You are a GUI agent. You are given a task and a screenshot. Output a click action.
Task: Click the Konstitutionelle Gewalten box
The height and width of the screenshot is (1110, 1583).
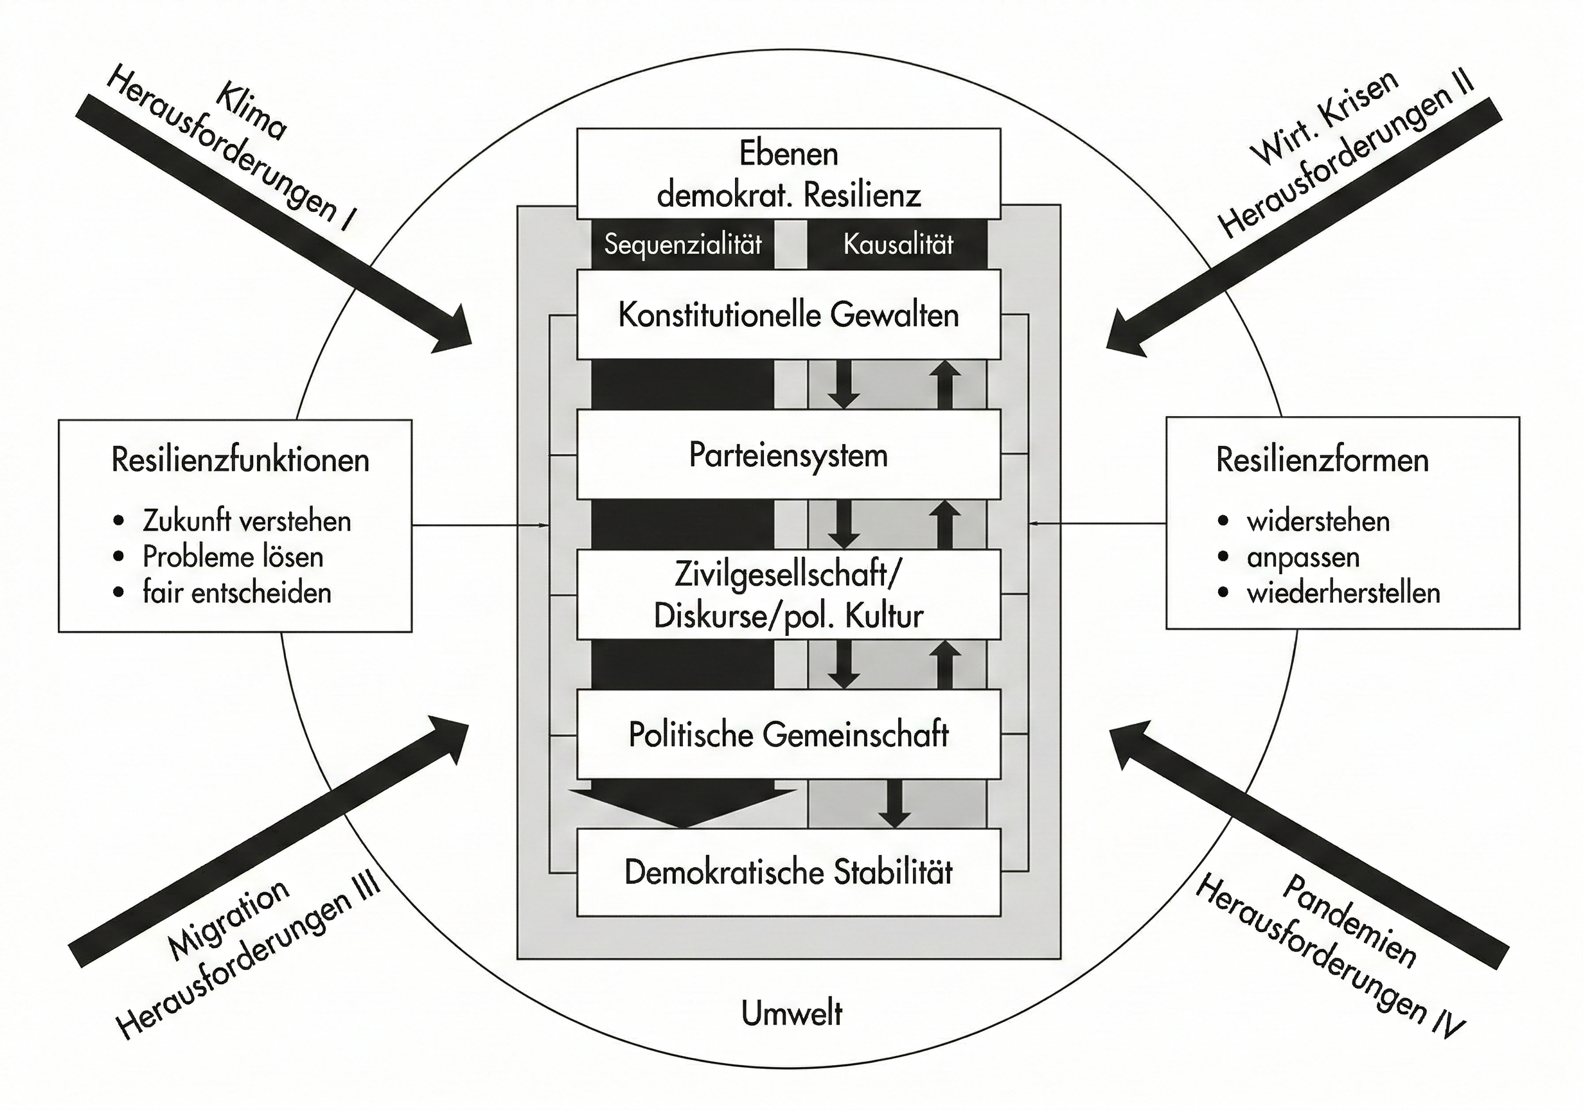coord(788,315)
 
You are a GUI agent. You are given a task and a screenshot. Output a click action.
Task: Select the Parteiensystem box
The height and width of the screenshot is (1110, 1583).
coord(788,455)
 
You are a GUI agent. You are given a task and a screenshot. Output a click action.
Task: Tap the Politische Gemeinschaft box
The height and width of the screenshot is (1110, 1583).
coord(788,735)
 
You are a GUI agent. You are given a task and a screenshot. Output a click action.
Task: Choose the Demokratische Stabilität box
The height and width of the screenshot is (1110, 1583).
coord(788,873)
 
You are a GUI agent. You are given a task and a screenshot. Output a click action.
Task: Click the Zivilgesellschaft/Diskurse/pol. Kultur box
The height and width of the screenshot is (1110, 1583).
coord(788,595)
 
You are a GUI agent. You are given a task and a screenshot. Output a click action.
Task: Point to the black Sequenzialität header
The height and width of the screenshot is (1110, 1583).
coord(682,244)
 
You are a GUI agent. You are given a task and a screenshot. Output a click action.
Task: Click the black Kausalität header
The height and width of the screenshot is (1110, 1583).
coord(898,244)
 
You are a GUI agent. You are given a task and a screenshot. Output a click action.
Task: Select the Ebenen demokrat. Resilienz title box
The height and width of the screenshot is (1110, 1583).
coord(788,173)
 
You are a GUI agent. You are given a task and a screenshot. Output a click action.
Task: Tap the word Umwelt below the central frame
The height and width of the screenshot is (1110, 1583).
coord(791,1014)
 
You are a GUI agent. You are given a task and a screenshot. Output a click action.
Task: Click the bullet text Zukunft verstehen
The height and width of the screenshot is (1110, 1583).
coord(247,521)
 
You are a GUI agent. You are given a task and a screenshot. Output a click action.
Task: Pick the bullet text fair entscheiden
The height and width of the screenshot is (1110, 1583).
coord(236,593)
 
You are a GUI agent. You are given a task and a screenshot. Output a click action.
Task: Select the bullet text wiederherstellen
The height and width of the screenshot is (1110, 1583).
coord(1343,593)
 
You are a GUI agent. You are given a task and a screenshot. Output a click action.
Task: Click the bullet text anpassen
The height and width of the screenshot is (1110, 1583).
coord(1303,557)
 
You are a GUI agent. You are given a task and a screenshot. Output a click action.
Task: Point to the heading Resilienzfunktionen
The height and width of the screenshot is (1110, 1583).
coord(240,460)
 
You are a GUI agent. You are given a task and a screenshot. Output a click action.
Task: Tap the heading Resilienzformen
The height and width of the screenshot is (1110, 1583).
coord(1322,460)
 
